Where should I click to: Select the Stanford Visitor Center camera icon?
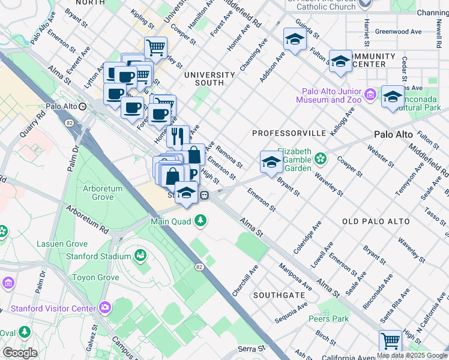tap(106, 308)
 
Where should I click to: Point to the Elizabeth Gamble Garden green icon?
tap(322, 158)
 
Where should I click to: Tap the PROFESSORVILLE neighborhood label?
tap(289, 132)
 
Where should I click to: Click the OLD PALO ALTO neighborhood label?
tap(376, 221)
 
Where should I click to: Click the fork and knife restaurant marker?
tap(177, 136)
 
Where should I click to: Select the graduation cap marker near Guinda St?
tap(295, 40)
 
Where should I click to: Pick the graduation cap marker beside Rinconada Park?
tap(393, 97)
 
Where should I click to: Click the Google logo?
tap(20, 353)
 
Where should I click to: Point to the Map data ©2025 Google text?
tap(412, 355)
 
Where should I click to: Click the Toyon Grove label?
tap(95, 278)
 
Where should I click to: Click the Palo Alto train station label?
tap(62, 106)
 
